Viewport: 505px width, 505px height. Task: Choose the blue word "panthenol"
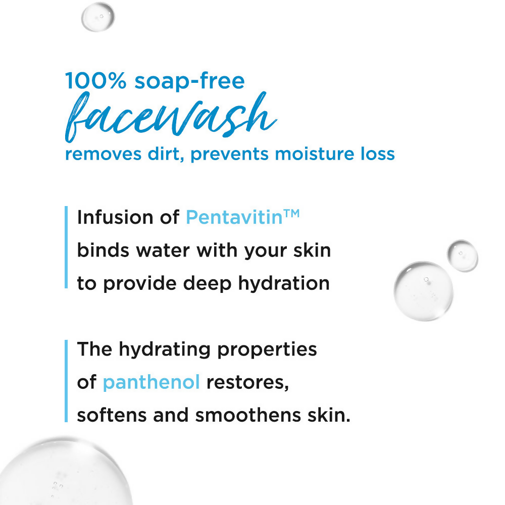[x=151, y=382]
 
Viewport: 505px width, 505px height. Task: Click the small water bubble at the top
[x=98, y=16]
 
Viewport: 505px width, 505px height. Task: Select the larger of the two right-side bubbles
[x=423, y=291]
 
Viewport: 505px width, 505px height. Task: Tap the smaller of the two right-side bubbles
[x=462, y=256]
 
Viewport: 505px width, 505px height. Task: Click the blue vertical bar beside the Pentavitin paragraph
[x=66, y=247]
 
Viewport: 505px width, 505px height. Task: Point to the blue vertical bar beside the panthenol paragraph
[x=66, y=381]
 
